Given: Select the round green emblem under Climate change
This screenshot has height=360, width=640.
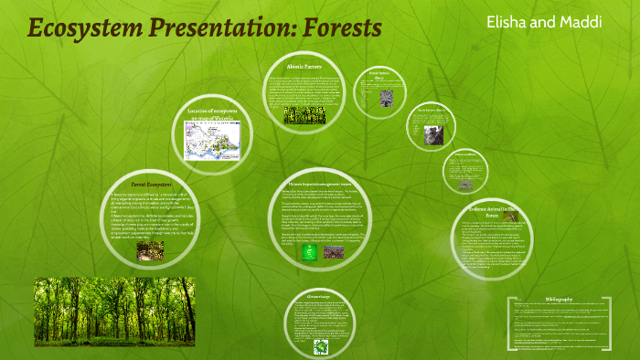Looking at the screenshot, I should pyautogui.click(x=321, y=347).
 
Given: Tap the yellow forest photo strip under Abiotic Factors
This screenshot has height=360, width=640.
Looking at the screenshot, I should pyautogui.click(x=302, y=115).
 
